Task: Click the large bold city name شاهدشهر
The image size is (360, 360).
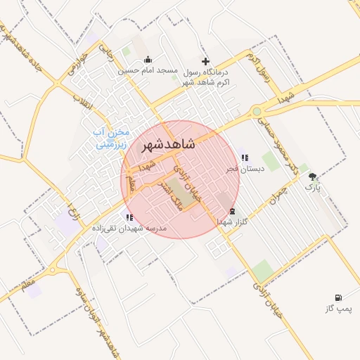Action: [169, 145]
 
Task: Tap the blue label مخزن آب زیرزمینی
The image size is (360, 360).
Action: [113, 139]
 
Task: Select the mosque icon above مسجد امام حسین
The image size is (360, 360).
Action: [147, 60]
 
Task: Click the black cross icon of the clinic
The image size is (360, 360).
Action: [205, 61]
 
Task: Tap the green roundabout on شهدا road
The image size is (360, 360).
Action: [257, 111]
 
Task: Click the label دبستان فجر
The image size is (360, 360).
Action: [244, 169]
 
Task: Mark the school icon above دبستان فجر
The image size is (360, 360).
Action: [245, 157]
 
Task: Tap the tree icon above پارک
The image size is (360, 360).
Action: [312, 176]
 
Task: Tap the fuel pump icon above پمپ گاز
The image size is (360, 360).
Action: [339, 297]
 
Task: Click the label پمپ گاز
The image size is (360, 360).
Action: [338, 309]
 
